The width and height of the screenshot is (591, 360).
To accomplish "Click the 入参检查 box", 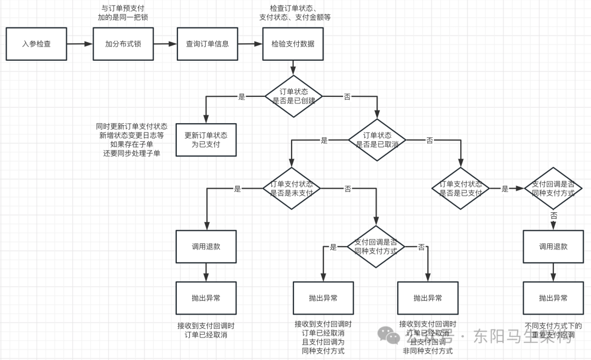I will tap(36, 44).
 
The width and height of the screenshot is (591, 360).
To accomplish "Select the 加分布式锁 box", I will tap(123, 44).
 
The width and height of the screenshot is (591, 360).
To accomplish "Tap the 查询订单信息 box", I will tap(207, 44).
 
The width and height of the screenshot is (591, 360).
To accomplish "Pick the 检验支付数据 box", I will tap(293, 44).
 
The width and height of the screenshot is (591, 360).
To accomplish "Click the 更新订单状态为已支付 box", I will tap(206, 140).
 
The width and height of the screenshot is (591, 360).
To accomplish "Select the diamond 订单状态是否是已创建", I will tap(293, 96).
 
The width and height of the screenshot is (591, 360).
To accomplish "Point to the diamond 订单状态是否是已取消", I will tap(378, 140).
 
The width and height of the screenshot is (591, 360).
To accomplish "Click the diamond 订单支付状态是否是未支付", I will tap(292, 188).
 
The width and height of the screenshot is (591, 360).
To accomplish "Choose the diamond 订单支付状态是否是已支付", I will tap(461, 189).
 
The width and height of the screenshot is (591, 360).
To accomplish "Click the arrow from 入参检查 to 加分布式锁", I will tap(80, 44).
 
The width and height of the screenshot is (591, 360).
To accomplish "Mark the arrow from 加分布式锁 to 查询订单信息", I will tap(165, 44).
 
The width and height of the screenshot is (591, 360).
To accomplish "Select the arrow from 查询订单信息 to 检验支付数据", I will tap(250, 44).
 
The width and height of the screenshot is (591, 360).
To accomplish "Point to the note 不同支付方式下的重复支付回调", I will tap(553, 330).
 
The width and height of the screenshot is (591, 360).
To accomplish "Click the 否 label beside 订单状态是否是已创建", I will tap(347, 97).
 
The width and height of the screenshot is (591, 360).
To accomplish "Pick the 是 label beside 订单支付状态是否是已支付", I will tap(505, 189).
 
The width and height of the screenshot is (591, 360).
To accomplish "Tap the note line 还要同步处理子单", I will tap(132, 153).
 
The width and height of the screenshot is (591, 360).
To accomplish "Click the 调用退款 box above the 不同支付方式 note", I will tap(553, 246).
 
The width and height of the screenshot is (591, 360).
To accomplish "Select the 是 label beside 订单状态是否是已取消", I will tap(324, 141).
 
